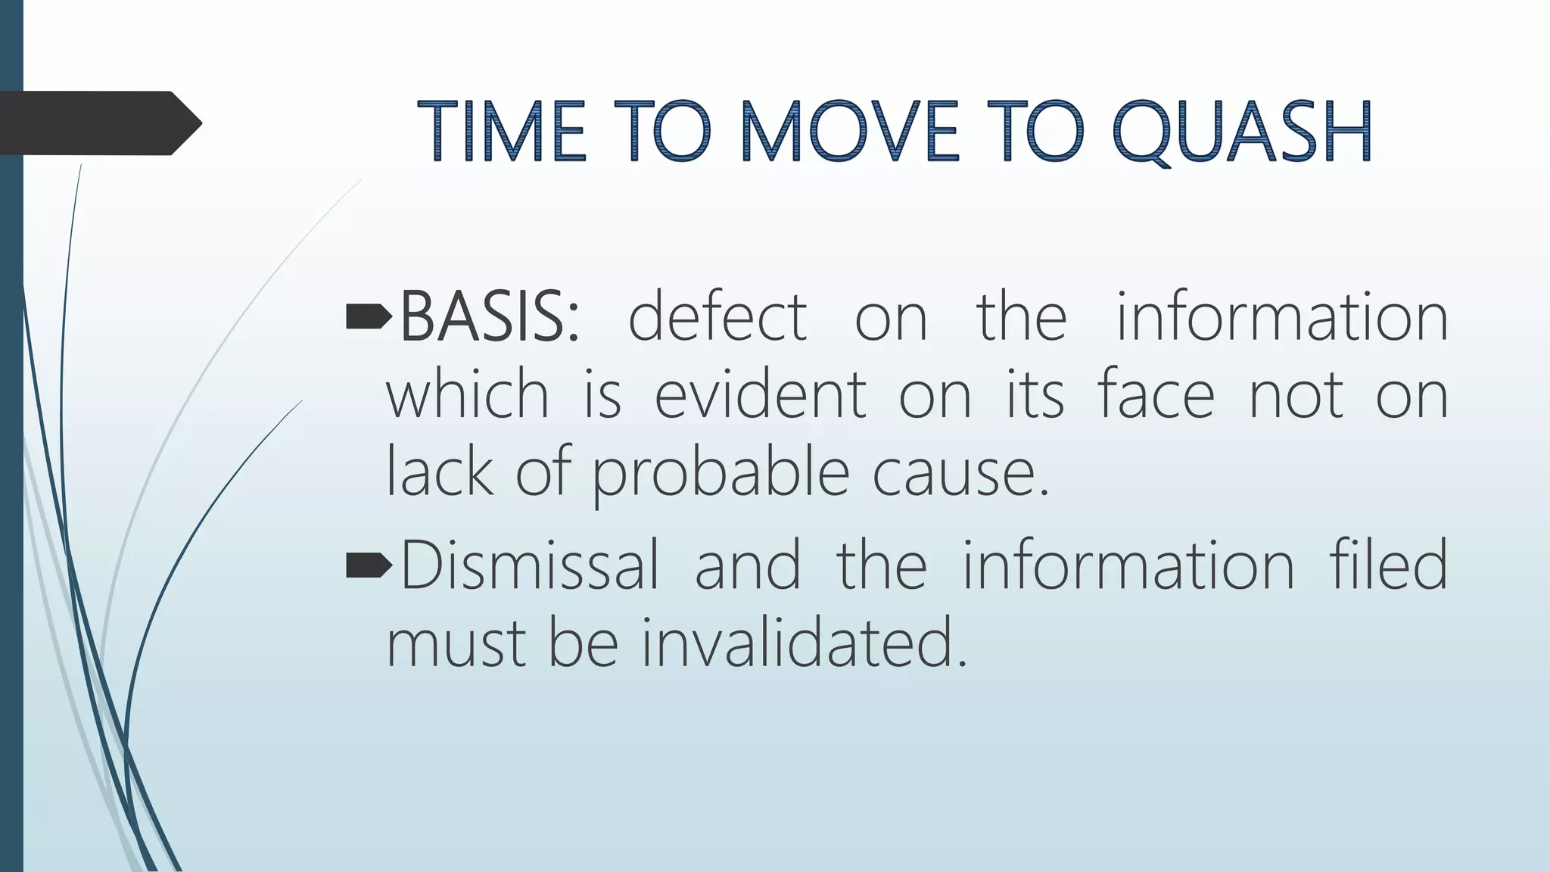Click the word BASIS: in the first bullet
pos(489,317)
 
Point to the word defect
pos(717,317)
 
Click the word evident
pos(760,395)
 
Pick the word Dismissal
pos(529,565)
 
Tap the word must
pos(456,643)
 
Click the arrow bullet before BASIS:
pos(369,318)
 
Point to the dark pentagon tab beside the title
pos(98,123)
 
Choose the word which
pos(467,395)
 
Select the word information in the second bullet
pos(1128,565)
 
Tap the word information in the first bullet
pos(1282,317)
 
